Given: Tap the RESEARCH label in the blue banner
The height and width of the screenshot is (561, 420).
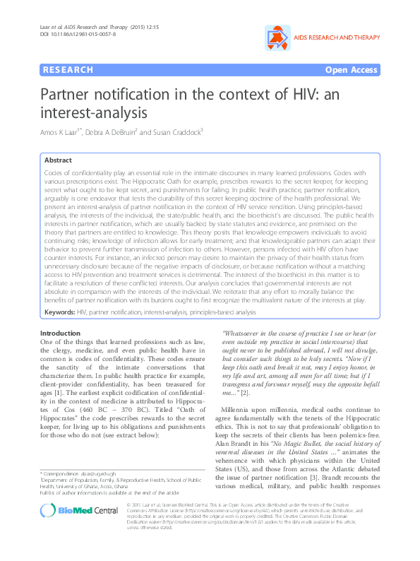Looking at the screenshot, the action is coord(68,70).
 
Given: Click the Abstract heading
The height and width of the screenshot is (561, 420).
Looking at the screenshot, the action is coord(59,160).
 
